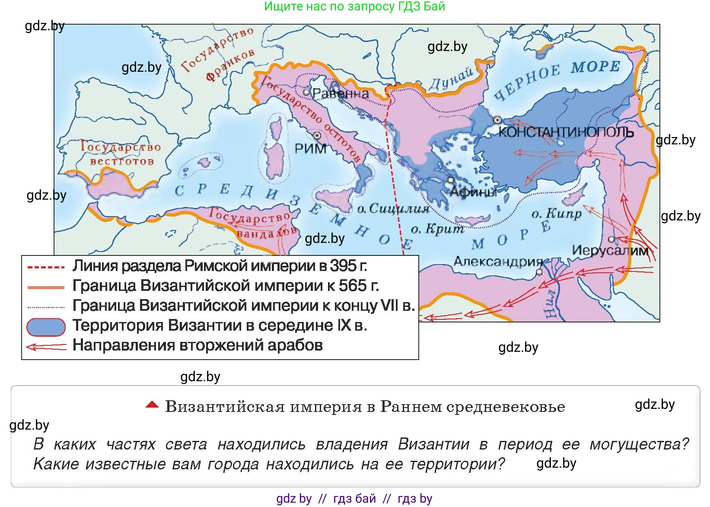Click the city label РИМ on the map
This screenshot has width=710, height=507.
coord(310,149)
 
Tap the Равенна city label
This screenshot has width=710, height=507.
coord(341,93)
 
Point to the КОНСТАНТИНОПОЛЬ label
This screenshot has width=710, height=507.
coord(566,132)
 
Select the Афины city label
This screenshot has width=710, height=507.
coord(473,191)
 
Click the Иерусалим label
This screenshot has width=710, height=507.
coord(610,251)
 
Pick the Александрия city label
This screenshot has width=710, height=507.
coord(498,261)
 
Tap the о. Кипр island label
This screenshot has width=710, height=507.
coord(557,214)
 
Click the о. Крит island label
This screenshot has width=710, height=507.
coord(437,229)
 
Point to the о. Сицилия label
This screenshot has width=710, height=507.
coord(393,209)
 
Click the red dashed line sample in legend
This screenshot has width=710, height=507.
coord(46,267)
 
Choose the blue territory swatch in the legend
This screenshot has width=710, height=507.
coord(46,327)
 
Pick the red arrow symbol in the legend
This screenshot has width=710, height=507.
coord(46,347)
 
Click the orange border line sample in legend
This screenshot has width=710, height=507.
coord(46,287)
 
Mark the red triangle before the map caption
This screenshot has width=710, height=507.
coord(152,405)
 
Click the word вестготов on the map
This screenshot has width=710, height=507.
coord(122,162)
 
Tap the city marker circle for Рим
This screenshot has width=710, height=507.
coord(317,136)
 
